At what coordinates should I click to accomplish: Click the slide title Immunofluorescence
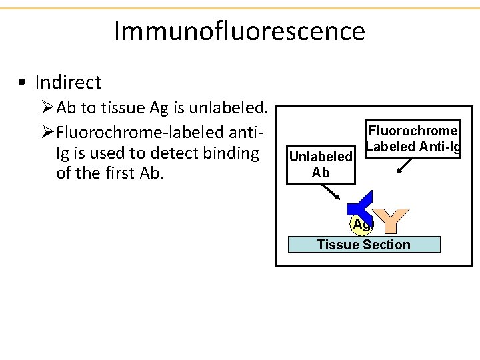239,31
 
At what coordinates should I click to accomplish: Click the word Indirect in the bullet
68,83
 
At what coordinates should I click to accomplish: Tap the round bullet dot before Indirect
23,83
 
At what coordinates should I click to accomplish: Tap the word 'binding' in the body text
233,153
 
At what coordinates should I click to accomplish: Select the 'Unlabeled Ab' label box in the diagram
320,164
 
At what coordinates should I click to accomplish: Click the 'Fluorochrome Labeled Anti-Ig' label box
413,139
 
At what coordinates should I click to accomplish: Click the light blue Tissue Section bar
364,245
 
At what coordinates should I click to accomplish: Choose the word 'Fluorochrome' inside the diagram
413,131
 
